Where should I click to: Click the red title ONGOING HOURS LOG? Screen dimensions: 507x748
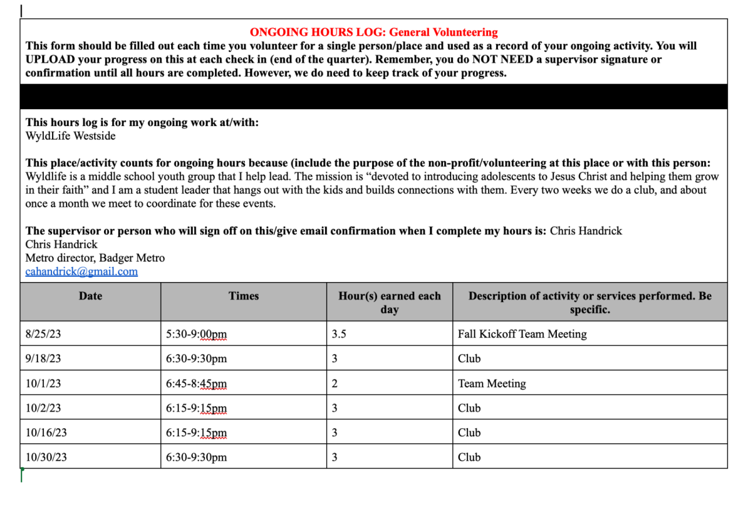point(373,33)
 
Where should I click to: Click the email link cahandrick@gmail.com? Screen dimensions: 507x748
point(81,272)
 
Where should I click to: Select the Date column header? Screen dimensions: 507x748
point(91,296)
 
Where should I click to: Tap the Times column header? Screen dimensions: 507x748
point(244,296)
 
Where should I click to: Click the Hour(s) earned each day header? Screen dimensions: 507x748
point(389,303)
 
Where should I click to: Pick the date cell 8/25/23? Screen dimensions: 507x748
point(43,334)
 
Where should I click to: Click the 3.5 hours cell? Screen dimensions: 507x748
point(339,334)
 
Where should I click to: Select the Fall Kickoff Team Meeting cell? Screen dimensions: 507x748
point(522,334)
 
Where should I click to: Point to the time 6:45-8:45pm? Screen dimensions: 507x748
point(196,384)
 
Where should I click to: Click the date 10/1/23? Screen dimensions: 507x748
point(43,384)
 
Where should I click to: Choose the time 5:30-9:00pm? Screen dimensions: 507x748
point(196,334)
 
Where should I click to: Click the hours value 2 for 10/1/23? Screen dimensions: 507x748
point(335,384)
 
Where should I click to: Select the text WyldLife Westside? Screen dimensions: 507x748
point(70,136)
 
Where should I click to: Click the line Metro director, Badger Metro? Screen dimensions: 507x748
point(95,258)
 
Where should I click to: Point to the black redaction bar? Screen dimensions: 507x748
point(373,97)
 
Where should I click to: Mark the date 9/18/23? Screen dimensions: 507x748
point(43,359)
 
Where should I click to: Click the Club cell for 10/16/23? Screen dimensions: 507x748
point(469,433)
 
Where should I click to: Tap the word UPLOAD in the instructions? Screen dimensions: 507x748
point(49,60)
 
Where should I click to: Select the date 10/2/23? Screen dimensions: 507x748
point(43,408)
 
